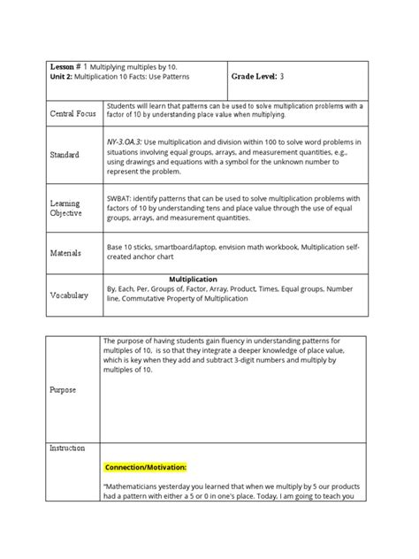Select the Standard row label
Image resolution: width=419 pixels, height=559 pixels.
[65, 155]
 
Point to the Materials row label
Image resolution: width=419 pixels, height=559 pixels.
[65, 253]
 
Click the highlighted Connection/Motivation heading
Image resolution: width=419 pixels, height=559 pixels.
[145, 467]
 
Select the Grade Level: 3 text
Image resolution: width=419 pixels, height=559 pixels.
[258, 78]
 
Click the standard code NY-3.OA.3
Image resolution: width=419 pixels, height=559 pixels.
[127, 141]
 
